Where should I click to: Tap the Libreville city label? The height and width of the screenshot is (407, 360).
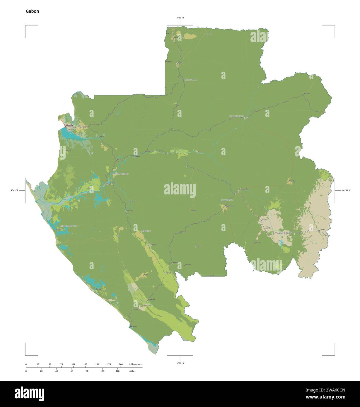[x=70, y=125]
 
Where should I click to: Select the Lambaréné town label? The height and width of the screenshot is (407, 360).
[x=111, y=183]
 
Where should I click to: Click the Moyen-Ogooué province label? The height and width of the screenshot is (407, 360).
[x=121, y=174]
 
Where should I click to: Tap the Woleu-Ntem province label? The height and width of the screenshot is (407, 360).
[x=190, y=80]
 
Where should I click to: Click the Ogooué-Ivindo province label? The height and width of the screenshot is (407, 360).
[x=236, y=116]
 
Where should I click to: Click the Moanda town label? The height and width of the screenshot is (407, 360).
[x=267, y=228]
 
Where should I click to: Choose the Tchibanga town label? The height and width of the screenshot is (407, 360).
[x=151, y=299]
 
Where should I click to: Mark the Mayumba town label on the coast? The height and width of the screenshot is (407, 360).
[x=133, y=326]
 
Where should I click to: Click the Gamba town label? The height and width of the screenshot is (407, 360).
[x=98, y=289]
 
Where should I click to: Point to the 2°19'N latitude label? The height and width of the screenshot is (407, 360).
[x=180, y=18]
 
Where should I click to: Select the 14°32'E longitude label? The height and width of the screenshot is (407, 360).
[x=348, y=190]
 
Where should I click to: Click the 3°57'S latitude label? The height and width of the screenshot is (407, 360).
[x=180, y=363]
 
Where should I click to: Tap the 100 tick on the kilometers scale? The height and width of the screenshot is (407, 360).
[x=74, y=364]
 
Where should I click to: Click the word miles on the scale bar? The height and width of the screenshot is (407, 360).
[x=132, y=371]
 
